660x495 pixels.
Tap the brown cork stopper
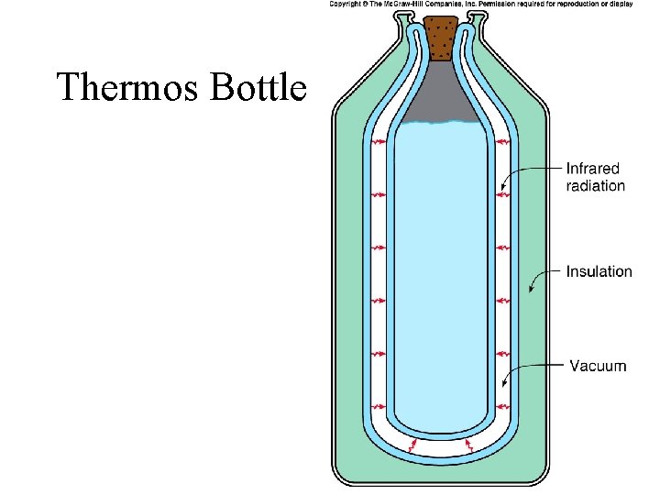click(x=445, y=37)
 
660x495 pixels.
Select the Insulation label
click(x=599, y=271)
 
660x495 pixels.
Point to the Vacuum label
click(x=599, y=366)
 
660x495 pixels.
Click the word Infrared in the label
click(x=593, y=169)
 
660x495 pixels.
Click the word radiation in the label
click(x=596, y=186)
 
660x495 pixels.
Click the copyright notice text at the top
click(x=480, y=5)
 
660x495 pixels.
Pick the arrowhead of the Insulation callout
click(x=531, y=291)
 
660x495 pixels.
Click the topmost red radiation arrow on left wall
click(x=379, y=142)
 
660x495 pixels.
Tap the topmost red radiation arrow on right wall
click(x=501, y=142)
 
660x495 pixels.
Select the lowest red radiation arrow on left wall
click(x=379, y=406)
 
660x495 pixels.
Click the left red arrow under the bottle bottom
click(x=412, y=445)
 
